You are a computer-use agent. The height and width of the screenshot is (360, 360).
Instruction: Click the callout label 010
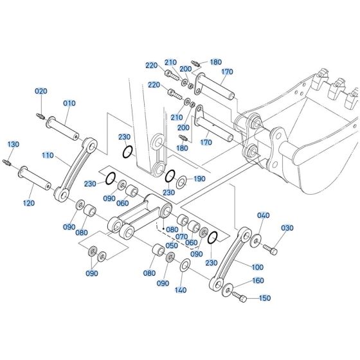(x=69, y=104)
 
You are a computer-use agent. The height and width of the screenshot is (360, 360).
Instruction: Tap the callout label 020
(x=40, y=92)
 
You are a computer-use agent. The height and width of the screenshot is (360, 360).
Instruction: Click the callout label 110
(x=48, y=156)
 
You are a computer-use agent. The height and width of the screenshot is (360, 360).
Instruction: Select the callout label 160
(x=257, y=280)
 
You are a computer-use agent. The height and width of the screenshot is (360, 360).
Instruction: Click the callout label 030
(x=287, y=228)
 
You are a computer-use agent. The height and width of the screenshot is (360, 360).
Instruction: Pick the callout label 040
(x=263, y=215)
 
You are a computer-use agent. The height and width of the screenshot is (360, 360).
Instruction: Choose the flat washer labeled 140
(x=184, y=265)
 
